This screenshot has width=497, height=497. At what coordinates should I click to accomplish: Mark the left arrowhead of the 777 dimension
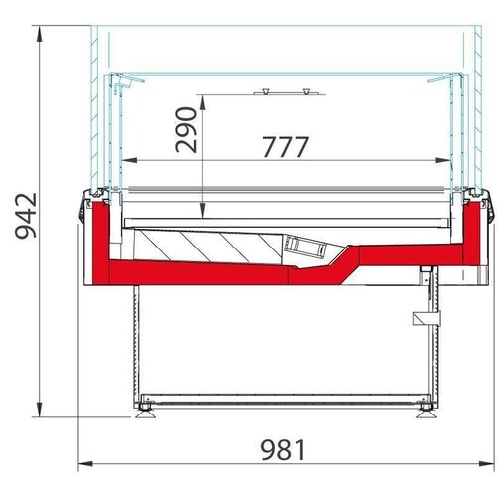pos(124,159)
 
